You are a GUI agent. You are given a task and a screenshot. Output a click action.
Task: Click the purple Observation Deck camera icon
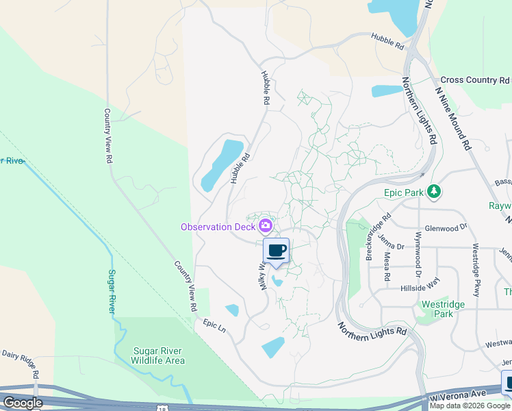(x=266, y=225)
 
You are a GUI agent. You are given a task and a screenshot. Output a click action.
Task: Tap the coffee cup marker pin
(x=277, y=251)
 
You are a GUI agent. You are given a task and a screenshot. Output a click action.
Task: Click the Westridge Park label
(x=443, y=309)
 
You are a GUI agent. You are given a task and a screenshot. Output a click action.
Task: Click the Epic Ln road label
(x=214, y=325)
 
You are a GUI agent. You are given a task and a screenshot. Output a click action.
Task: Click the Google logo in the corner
(x=23, y=403)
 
